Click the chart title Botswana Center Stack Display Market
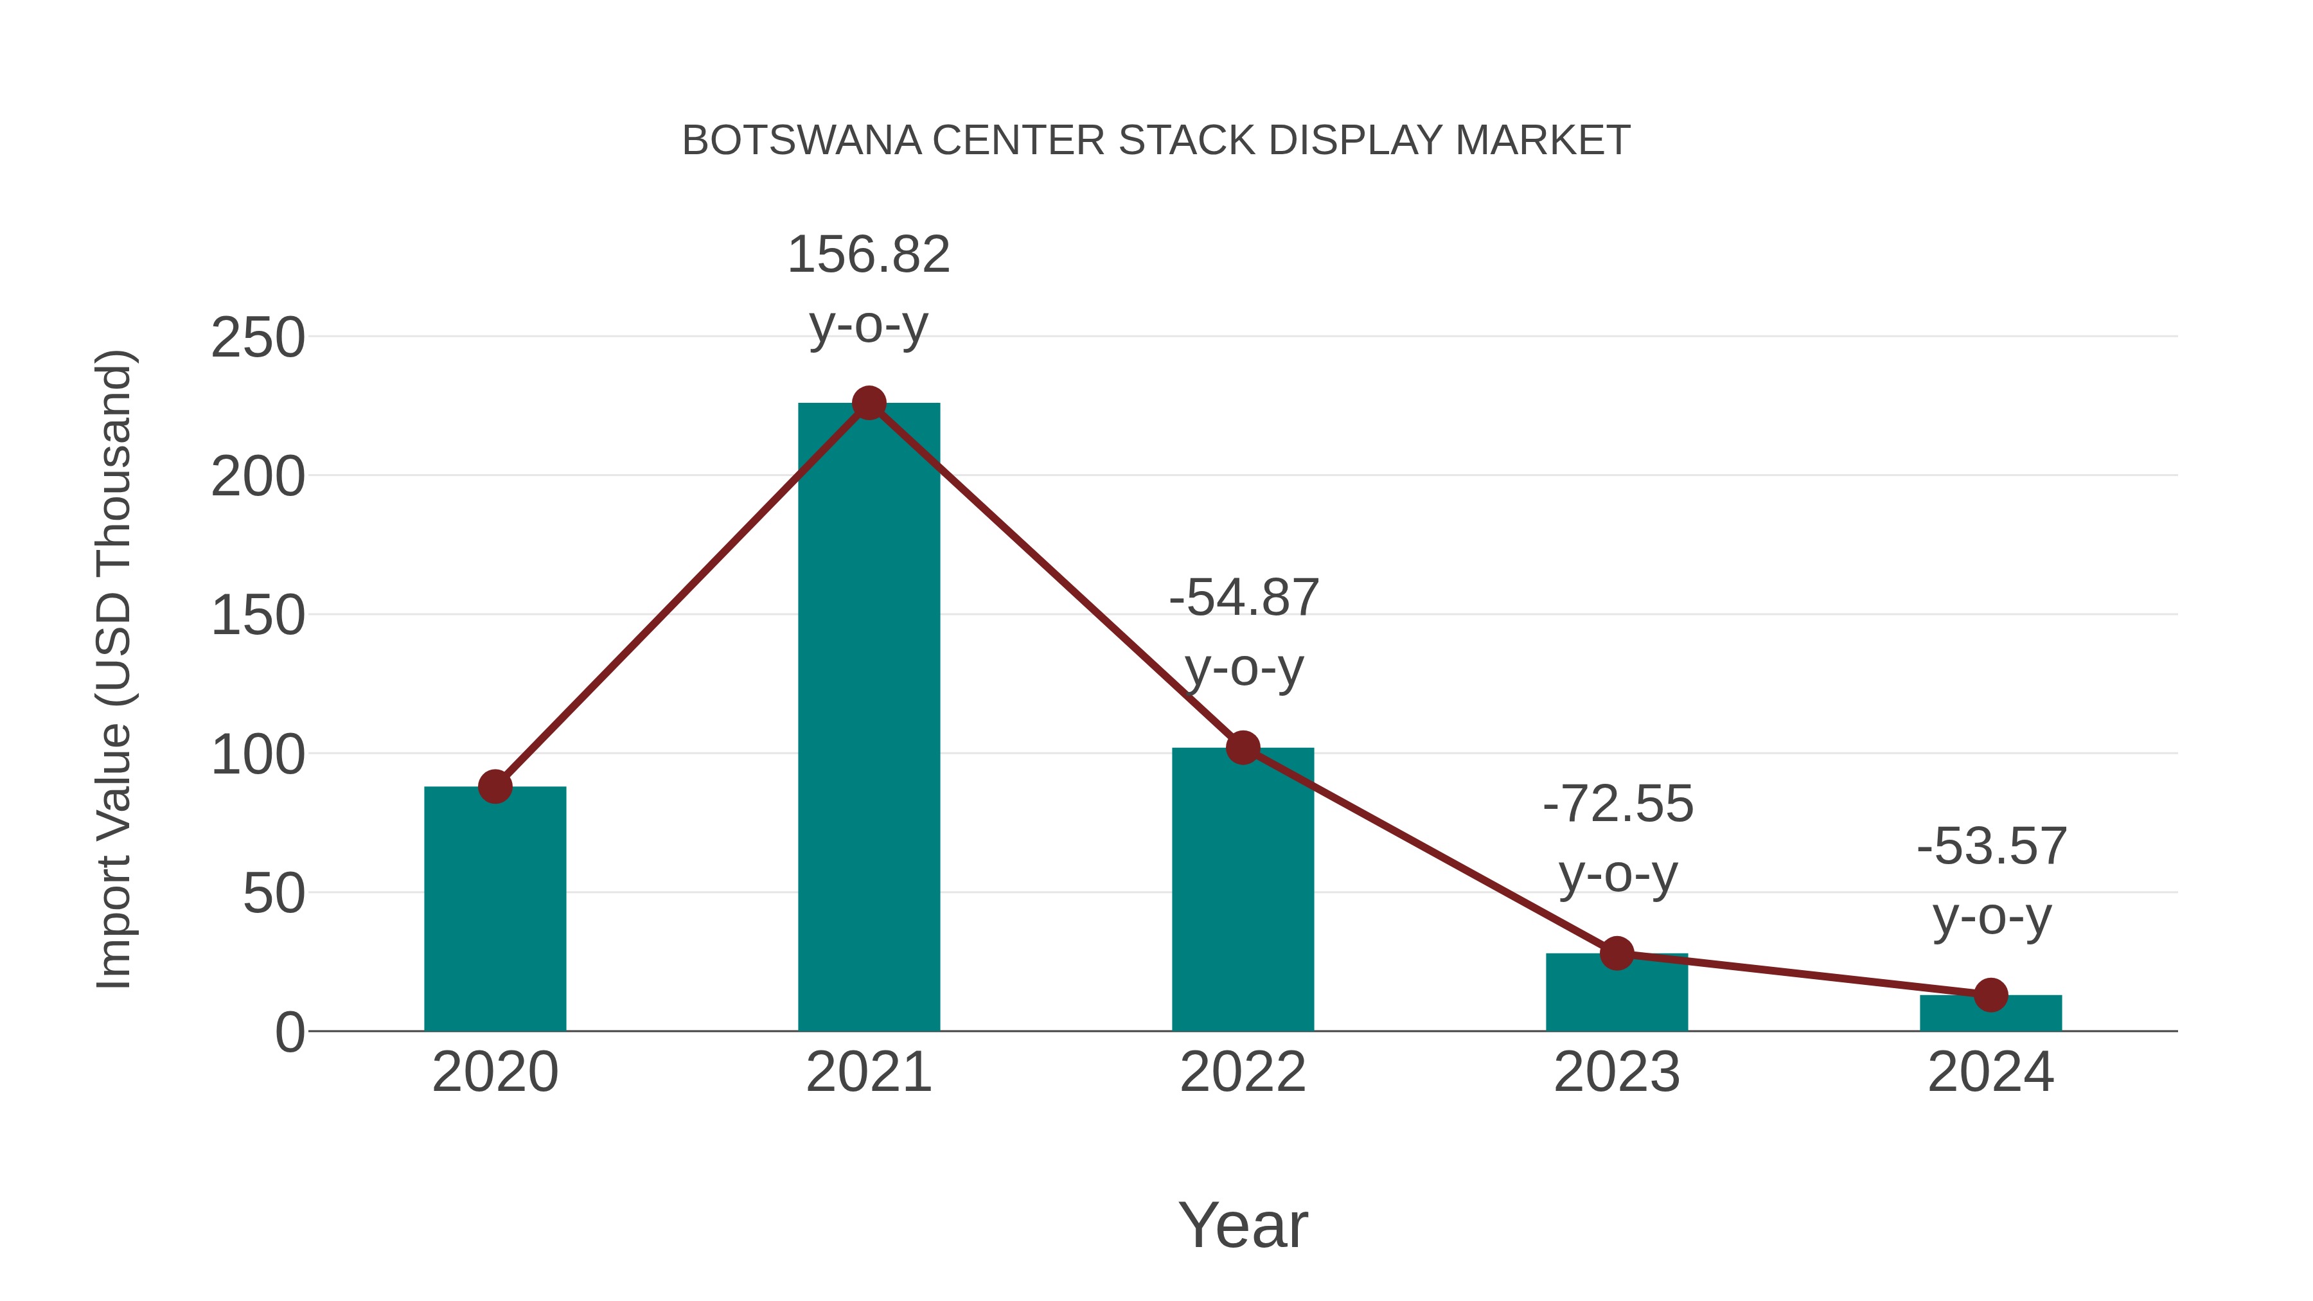click(x=1156, y=141)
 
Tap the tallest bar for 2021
click(x=868, y=718)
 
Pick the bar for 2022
click(x=1242, y=889)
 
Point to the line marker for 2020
click(x=495, y=786)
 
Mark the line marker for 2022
click(x=1242, y=747)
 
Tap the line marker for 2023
click(x=1617, y=953)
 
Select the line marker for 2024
click(x=1990, y=995)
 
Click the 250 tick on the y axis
click(x=258, y=339)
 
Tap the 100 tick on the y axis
click(x=258, y=755)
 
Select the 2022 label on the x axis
click(x=1242, y=1072)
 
